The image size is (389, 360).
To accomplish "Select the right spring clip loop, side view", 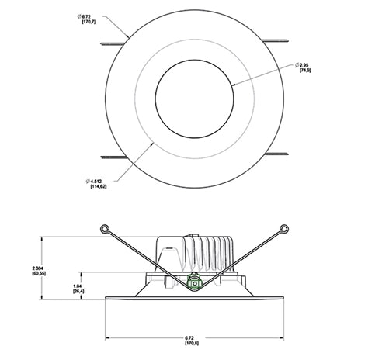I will point(287,228).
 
